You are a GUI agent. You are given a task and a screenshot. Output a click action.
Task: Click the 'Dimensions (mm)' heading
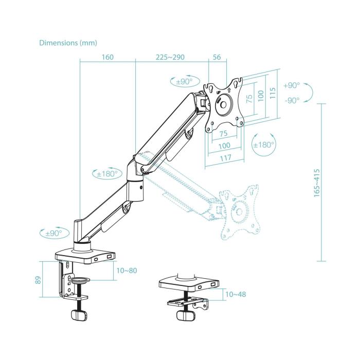click(67, 43)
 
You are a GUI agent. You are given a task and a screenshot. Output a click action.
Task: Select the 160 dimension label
click(107, 57)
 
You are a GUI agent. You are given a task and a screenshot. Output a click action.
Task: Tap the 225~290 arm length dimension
click(171, 57)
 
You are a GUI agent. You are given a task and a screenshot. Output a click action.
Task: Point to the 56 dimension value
click(216, 57)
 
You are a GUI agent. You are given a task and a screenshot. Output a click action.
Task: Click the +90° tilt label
click(291, 85)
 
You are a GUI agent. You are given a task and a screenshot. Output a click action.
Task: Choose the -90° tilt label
click(291, 101)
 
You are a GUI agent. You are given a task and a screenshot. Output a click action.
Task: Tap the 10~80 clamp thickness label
click(127, 271)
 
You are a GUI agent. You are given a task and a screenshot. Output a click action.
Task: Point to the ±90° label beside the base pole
click(53, 233)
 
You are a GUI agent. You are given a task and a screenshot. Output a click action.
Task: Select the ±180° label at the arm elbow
click(106, 173)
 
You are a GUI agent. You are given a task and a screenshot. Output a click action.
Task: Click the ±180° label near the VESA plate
click(264, 145)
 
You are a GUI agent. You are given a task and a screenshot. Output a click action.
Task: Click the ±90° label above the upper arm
click(184, 81)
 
